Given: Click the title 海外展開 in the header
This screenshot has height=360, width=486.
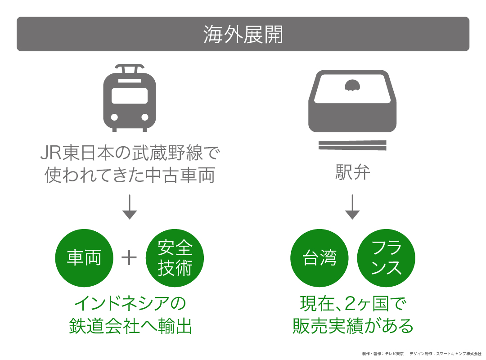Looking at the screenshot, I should (243, 35).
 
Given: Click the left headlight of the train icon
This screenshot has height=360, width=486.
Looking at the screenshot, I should (114, 117).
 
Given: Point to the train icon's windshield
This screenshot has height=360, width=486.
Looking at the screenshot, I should (130, 95).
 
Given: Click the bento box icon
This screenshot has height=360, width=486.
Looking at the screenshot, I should (352, 102).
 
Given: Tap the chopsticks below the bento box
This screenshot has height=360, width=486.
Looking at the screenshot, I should (352, 145).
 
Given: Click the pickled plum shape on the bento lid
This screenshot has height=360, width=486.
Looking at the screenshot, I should (352, 85).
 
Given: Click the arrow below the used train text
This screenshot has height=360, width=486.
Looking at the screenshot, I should (130, 207).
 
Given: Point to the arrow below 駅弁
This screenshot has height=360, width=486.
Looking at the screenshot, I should (352, 207).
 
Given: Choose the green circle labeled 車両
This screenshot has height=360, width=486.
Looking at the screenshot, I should (84, 258).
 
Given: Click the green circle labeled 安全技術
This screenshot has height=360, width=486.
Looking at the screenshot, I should (175, 258).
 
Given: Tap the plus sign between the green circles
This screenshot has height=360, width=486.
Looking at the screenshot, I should (129, 258).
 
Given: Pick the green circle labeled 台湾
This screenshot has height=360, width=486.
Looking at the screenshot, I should (319, 258).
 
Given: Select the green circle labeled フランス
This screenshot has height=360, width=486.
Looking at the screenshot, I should (386, 258).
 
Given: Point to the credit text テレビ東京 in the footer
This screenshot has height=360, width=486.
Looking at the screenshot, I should (394, 354).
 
